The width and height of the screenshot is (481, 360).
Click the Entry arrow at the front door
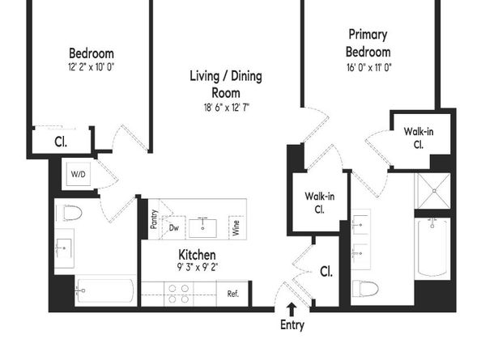292,310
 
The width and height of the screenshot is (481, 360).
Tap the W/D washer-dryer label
79,174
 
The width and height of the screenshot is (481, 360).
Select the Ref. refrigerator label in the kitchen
233,294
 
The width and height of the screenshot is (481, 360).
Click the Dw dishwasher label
174,227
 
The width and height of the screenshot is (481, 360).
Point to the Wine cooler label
236,228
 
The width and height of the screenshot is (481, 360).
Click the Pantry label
154,219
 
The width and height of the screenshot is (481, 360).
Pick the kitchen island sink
202,227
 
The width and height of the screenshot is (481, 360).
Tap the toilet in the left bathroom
72,213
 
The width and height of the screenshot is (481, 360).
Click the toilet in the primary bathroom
365,288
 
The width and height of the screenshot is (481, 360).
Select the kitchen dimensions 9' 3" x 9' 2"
198,268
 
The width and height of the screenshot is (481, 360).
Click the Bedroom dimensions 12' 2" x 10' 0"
92,67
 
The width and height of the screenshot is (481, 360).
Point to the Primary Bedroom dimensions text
369,67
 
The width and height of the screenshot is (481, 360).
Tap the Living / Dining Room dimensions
227,108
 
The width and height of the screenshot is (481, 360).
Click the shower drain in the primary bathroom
434,191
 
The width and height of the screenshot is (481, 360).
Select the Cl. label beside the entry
326,272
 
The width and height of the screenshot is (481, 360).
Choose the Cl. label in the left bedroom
61,142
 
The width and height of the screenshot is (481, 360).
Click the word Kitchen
197,255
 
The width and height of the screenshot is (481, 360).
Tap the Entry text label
292,324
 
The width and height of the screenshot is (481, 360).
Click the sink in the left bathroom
64,248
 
